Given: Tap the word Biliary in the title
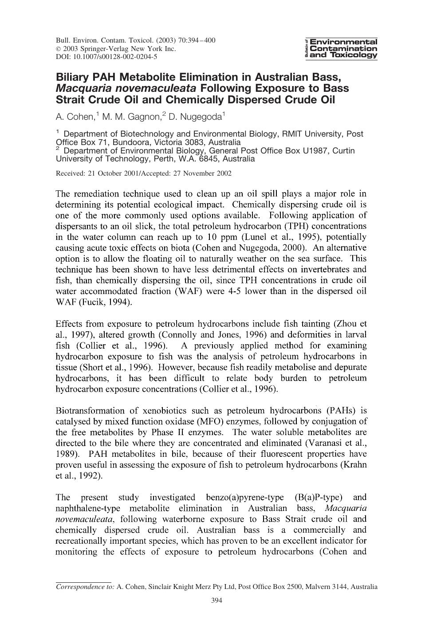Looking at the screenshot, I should pos(72,76).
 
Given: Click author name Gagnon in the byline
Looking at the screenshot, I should pos(138,117).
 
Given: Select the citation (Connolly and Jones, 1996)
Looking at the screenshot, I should pos(211,335).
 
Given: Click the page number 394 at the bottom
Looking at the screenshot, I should pos(216,601).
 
